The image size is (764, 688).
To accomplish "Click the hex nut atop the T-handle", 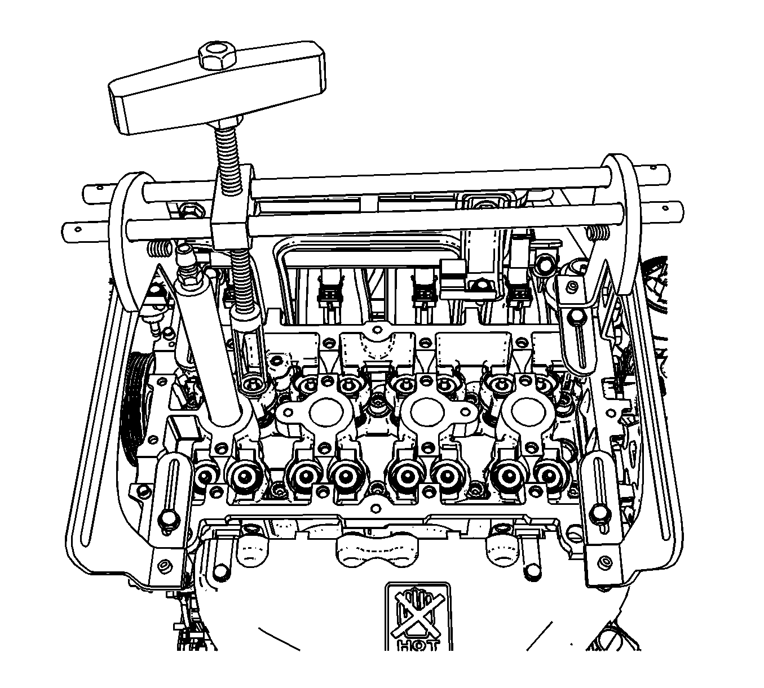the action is [217, 56].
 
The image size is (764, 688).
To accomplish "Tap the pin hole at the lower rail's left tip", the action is [78, 229].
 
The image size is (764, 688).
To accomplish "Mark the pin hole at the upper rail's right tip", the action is [654, 167].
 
